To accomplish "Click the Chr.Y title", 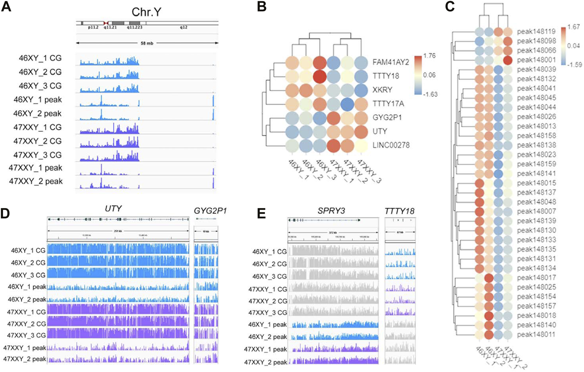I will [146, 12].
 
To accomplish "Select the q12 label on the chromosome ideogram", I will [184, 27].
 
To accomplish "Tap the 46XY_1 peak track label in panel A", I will [37, 100].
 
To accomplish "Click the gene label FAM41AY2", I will [391, 62].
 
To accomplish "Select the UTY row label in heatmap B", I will [380, 131].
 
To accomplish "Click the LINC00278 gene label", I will [391, 145].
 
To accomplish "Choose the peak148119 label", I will [536, 32].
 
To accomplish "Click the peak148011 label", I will [536, 334].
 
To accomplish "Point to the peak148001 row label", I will [536, 60].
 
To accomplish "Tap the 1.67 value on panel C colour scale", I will [573, 27].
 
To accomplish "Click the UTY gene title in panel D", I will [113, 208].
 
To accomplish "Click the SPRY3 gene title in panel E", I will [331, 210].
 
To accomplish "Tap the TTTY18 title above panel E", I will [399, 211].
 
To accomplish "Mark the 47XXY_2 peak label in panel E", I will [265, 362].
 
